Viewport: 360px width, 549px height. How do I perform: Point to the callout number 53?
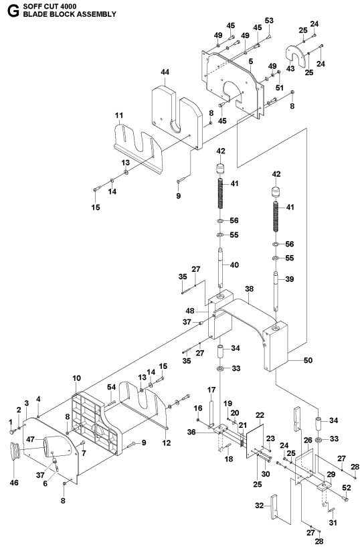[x=269, y=21]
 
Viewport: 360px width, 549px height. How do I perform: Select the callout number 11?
[x=118, y=115]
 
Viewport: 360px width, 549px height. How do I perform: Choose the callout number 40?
[x=234, y=265]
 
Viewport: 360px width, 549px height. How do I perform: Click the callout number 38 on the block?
[x=249, y=290]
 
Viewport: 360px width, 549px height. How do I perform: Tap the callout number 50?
[x=308, y=361]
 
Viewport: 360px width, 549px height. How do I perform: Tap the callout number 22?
[x=260, y=416]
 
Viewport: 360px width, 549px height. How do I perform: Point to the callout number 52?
[x=347, y=488]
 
